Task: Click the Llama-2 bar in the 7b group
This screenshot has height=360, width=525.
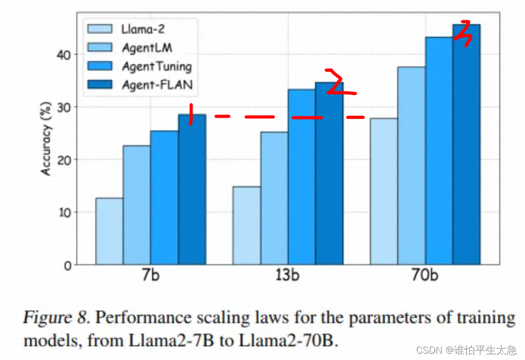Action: pos(109,231)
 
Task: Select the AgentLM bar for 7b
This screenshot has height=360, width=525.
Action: pos(137,205)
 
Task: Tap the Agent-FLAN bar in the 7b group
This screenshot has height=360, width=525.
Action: pos(192,189)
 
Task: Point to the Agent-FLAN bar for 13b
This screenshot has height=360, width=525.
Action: pos(329,174)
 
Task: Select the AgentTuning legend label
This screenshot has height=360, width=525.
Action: pos(156,66)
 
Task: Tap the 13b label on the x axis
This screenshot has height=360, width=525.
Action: pos(287,276)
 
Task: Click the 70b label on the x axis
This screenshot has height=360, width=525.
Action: pos(425,276)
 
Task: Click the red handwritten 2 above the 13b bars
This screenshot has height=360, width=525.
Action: pos(337,83)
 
